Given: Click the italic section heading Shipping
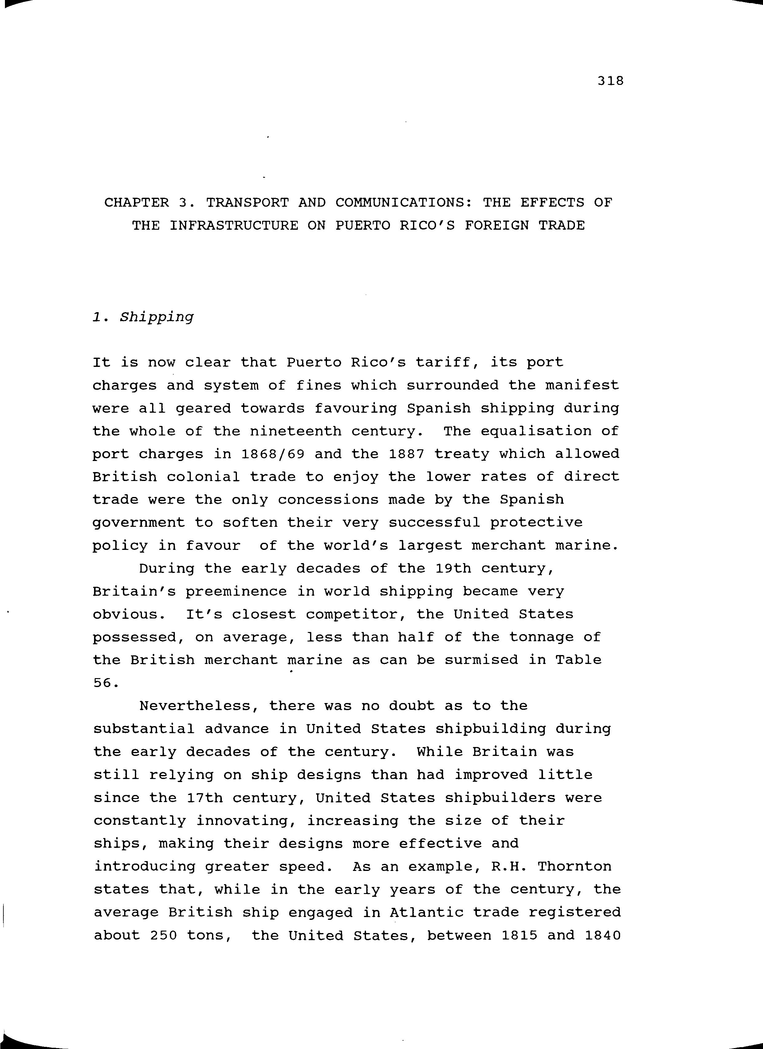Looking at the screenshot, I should pos(157,318).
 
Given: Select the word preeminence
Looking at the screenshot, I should pos(236,592).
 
